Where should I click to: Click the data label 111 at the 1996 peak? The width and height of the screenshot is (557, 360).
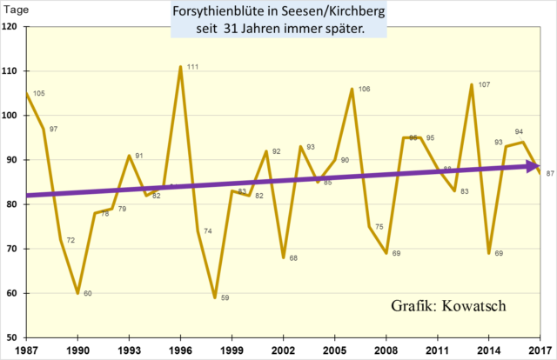(x=193, y=67)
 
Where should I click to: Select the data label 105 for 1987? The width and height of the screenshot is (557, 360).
(x=38, y=94)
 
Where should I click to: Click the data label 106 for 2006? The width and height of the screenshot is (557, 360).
(x=364, y=90)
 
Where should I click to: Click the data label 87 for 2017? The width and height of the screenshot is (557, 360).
(x=551, y=174)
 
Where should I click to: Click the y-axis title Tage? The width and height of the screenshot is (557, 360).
(x=14, y=10)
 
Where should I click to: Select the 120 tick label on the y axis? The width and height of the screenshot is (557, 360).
(x=13, y=27)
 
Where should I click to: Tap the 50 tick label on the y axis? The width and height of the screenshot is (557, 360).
(x=16, y=337)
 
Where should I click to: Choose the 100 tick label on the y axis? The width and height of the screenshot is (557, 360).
(x=13, y=116)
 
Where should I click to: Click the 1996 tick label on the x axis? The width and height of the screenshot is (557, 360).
(x=180, y=350)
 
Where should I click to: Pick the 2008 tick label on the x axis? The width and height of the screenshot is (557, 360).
(x=386, y=350)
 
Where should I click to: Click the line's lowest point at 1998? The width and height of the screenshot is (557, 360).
(x=214, y=297)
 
